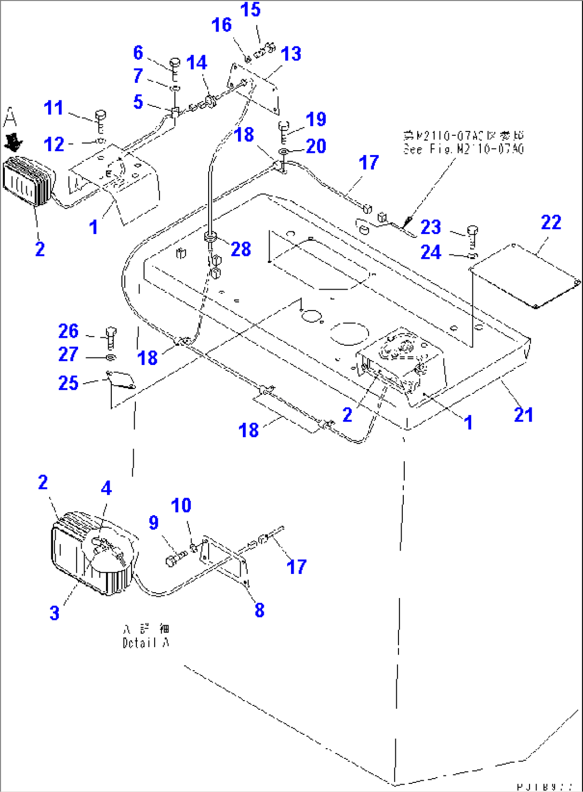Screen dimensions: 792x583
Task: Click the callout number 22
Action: click(x=551, y=222)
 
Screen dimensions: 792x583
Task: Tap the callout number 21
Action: click(x=523, y=415)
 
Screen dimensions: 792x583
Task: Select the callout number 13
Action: click(x=291, y=53)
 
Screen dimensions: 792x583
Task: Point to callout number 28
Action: click(x=241, y=249)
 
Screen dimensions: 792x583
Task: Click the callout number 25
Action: click(x=68, y=383)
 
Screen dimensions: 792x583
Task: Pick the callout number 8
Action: click(x=259, y=609)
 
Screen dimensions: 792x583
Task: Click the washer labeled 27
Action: click(x=110, y=356)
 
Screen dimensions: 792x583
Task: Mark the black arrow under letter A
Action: click(x=13, y=142)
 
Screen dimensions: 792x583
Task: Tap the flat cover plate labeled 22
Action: click(x=524, y=276)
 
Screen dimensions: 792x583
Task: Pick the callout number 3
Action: click(x=55, y=612)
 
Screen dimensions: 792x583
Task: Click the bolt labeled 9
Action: click(x=175, y=559)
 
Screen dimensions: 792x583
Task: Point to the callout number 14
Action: click(x=196, y=63)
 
